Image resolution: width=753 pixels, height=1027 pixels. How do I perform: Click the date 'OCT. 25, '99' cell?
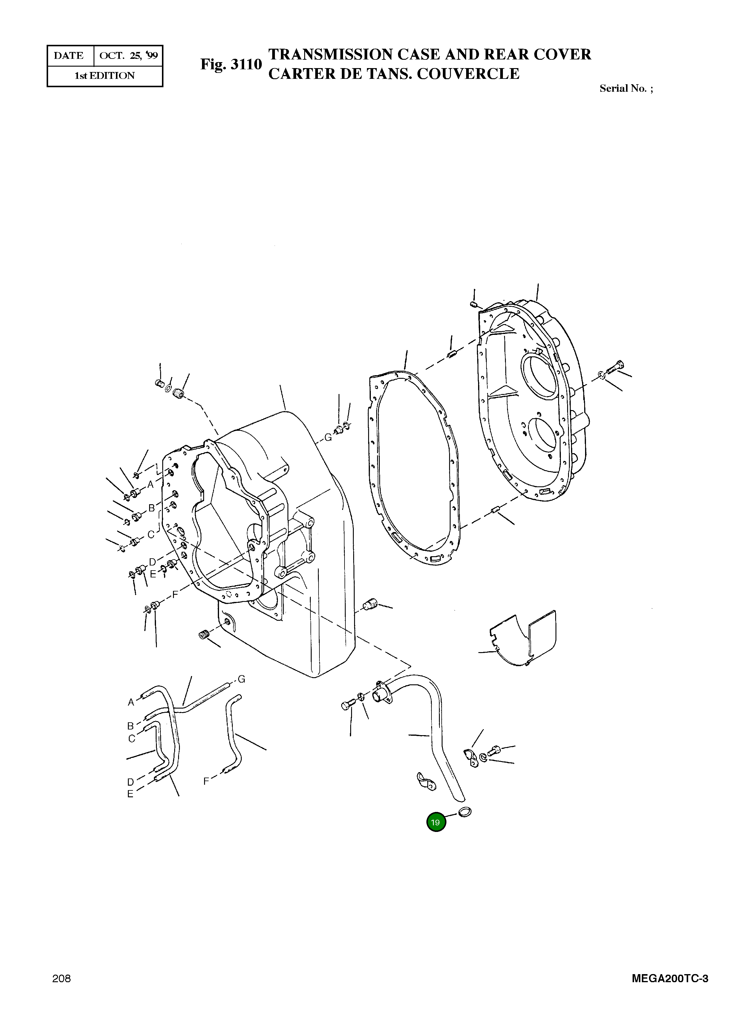(128, 56)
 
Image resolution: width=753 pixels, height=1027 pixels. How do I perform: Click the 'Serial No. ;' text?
(626, 88)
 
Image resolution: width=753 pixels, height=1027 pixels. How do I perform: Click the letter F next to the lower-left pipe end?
(206, 781)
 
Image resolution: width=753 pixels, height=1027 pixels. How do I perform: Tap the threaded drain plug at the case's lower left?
(204, 634)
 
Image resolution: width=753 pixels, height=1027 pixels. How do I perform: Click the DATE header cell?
(69, 56)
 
